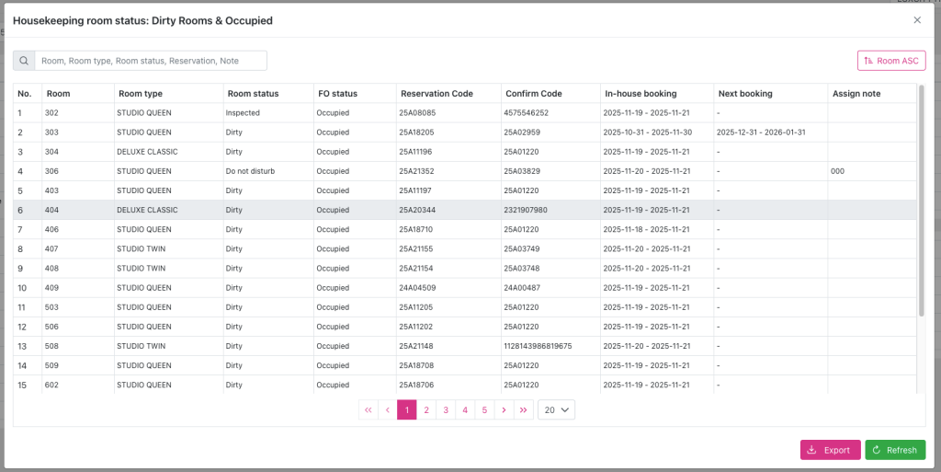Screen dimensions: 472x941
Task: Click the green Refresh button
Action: (894, 450)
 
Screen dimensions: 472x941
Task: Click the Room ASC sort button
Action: (890, 61)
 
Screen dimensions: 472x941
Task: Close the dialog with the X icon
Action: (916, 19)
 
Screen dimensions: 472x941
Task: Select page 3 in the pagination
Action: (446, 409)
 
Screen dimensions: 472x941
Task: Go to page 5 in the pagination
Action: (484, 409)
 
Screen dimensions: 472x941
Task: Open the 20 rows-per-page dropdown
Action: (556, 409)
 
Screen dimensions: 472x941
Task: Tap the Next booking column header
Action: (745, 93)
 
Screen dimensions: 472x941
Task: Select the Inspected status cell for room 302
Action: (244, 113)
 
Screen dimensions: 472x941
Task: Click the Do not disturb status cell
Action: (251, 171)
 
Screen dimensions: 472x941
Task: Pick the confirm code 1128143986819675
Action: (538, 346)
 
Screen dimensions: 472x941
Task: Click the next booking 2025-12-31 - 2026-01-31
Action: (761, 132)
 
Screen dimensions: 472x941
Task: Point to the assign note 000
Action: (837, 171)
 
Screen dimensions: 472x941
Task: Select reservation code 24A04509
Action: (417, 288)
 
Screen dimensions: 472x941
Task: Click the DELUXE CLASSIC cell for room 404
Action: (147, 210)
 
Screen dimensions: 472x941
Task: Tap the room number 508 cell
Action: (51, 346)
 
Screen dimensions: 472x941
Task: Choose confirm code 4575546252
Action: (526, 113)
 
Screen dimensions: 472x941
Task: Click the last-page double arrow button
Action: (523, 409)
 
